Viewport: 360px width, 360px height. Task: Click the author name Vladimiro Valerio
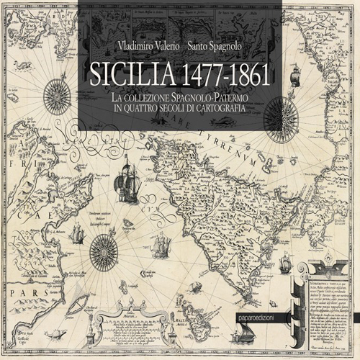point(148,45)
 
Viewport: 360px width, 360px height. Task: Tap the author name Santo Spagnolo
point(217,45)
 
